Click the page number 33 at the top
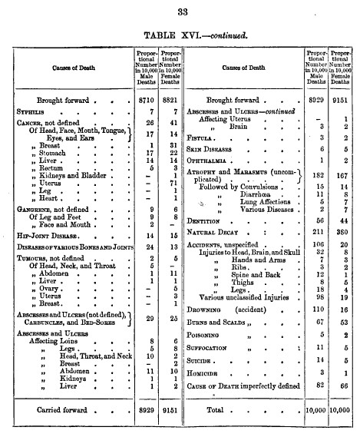click(x=182, y=11)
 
